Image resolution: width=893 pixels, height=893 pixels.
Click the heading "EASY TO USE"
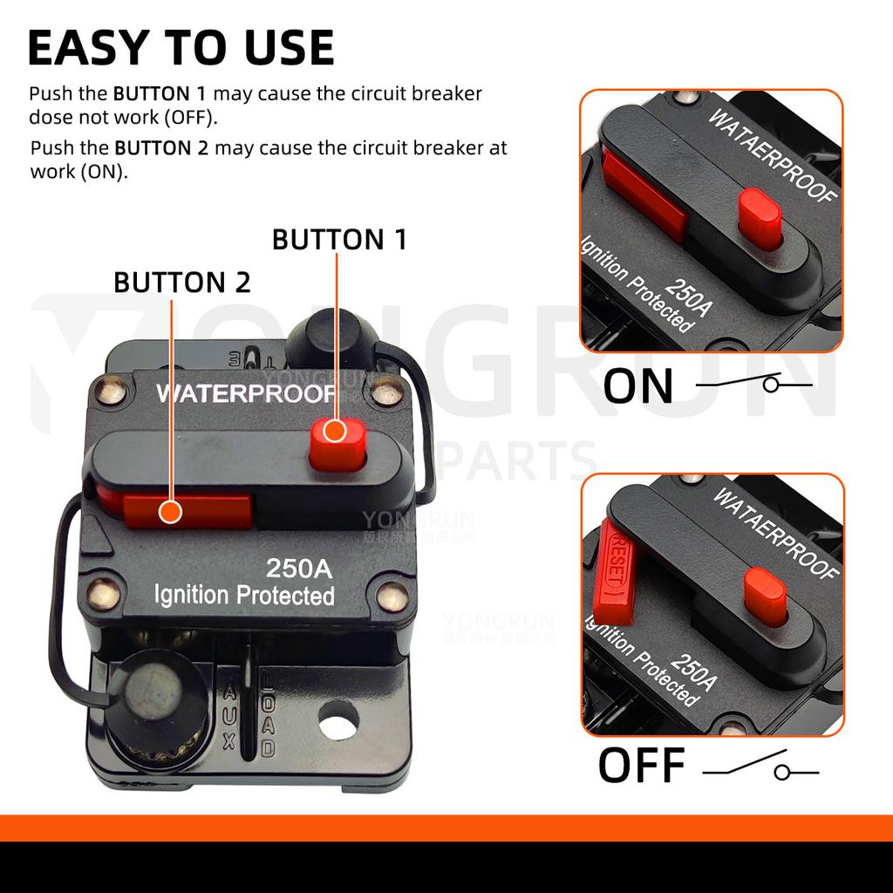click(x=181, y=47)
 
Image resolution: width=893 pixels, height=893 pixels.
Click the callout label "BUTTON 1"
click(x=339, y=239)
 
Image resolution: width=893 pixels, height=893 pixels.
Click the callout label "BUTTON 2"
click(x=182, y=282)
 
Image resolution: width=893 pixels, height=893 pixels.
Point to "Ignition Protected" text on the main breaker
click(x=244, y=596)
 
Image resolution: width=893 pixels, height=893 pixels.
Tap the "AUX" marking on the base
click(x=229, y=717)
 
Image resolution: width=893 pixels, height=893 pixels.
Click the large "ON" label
click(x=638, y=387)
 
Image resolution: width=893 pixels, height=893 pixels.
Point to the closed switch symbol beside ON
click(x=755, y=384)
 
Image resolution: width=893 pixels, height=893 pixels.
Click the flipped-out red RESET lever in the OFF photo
click(x=616, y=571)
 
